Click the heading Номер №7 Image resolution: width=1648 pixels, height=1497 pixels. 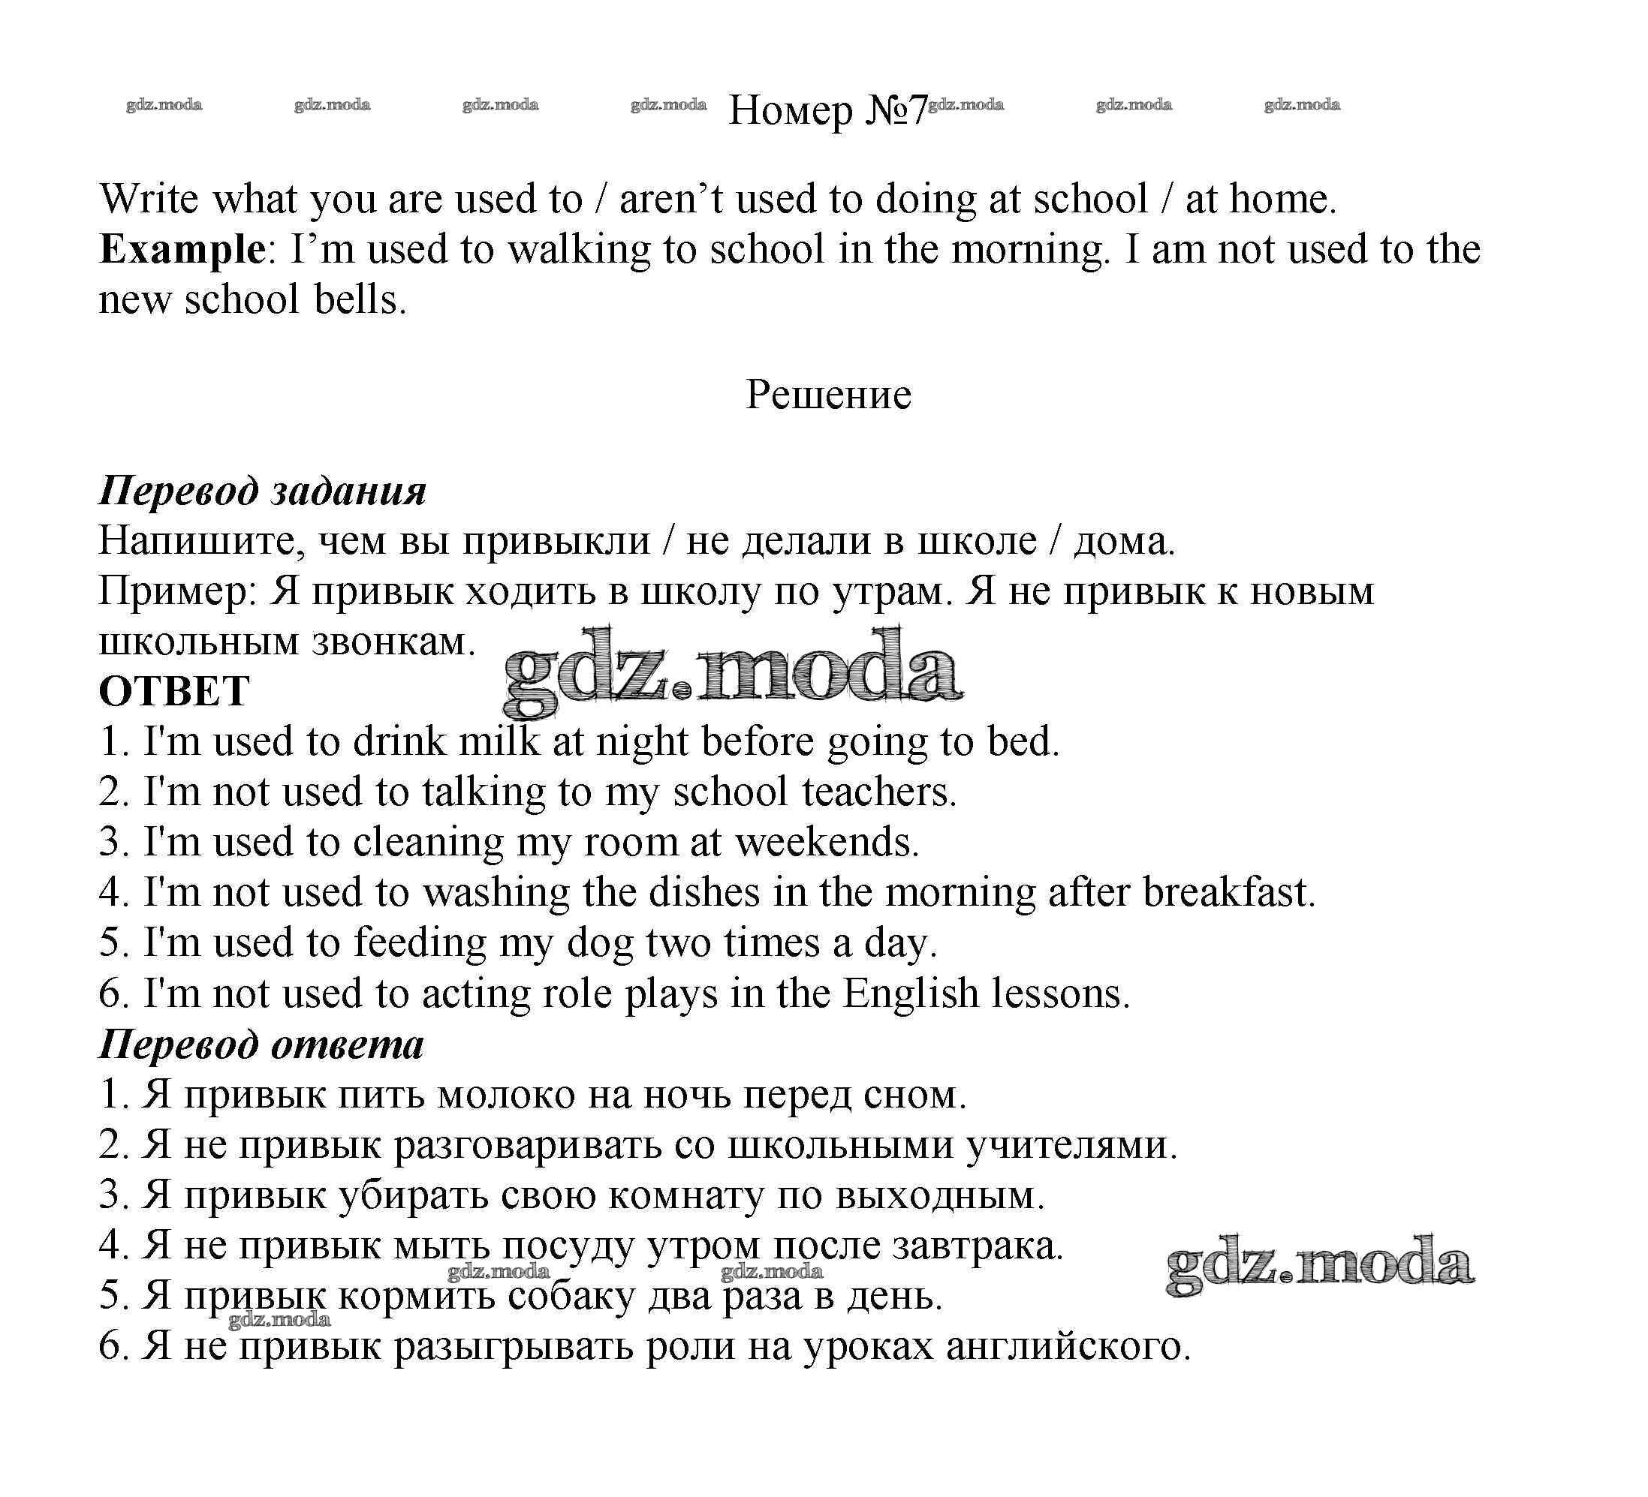point(827,110)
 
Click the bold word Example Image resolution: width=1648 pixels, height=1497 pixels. point(181,248)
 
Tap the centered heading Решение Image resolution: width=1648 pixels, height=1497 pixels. point(828,395)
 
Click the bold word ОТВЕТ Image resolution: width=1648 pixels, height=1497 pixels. point(173,691)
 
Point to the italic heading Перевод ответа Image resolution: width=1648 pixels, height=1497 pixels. point(261,1045)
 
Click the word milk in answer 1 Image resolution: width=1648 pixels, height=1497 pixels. point(499,742)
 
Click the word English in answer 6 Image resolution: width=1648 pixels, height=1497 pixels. point(910,993)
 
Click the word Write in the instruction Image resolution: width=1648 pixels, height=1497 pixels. point(149,199)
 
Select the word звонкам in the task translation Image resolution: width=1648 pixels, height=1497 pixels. point(393,642)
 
